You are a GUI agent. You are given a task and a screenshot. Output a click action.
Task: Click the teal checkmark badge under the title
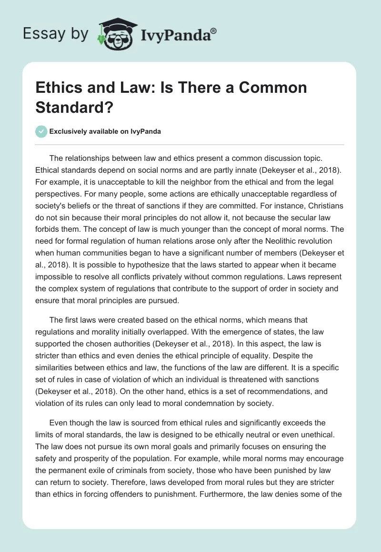coord(41,131)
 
